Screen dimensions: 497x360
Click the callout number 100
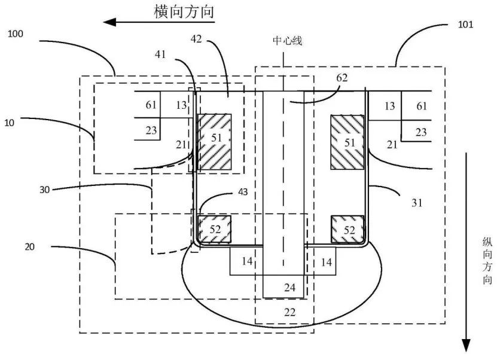click(16, 33)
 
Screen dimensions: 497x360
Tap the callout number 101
click(465, 25)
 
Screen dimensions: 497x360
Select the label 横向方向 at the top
click(184, 12)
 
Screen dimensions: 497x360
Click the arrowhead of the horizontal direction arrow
click(109, 22)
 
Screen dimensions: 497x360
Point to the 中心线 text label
click(288, 41)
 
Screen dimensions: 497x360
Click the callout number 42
click(197, 39)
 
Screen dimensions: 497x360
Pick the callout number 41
click(160, 54)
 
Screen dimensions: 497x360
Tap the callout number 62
click(342, 78)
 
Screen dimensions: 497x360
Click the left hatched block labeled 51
click(215, 142)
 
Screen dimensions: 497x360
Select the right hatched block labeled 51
click(347, 142)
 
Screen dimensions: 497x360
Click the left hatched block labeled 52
click(214, 229)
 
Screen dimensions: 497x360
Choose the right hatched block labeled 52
click(347, 229)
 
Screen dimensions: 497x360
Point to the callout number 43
click(243, 192)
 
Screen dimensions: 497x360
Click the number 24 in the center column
click(289, 288)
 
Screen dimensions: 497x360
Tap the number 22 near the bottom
click(289, 313)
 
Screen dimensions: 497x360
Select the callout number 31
click(417, 203)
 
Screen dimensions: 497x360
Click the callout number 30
click(45, 190)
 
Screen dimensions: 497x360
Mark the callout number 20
click(29, 246)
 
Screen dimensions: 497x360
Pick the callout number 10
click(9, 123)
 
